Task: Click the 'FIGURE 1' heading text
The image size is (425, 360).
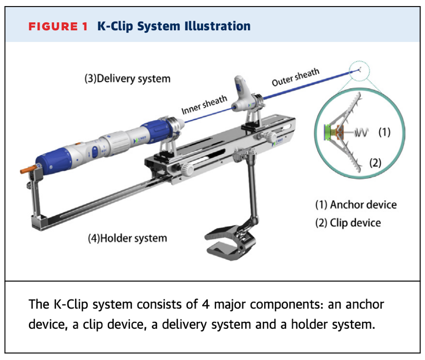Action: click(x=57, y=26)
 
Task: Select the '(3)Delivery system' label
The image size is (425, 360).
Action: click(x=127, y=79)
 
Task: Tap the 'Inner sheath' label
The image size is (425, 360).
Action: click(x=204, y=104)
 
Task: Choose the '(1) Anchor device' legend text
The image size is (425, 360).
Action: click(x=356, y=205)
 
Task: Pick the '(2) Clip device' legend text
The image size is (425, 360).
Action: click(x=348, y=222)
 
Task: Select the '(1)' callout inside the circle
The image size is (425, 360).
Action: click(x=384, y=132)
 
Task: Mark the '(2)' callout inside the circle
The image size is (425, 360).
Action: click(x=375, y=162)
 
